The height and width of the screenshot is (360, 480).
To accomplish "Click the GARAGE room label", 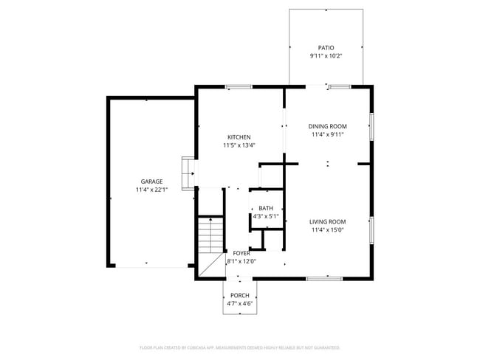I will click(152, 181).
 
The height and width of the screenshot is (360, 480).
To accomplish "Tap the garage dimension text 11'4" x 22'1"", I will click(152, 190).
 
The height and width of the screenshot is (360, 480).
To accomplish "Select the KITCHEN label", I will click(239, 137).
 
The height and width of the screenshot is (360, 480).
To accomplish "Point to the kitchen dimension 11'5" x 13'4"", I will click(239, 145).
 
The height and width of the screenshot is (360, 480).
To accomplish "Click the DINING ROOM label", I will click(327, 126).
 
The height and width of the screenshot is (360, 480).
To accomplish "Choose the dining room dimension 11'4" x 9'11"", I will click(327, 135).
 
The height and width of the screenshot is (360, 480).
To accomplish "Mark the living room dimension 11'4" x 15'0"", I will click(328, 230).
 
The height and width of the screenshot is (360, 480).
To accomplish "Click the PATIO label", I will click(326, 46).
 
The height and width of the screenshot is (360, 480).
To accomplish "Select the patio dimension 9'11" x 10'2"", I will click(326, 55).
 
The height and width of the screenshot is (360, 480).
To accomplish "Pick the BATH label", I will click(266, 208).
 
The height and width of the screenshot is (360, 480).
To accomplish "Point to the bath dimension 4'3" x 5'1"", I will click(266, 217).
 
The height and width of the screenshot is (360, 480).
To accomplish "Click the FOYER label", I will click(241, 253).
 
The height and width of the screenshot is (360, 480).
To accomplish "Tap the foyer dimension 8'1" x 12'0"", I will click(241, 261).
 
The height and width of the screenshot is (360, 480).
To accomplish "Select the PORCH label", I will click(239, 295).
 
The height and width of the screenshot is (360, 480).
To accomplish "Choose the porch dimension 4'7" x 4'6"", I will click(239, 303).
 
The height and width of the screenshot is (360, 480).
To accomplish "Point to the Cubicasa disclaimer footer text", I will click(239, 347).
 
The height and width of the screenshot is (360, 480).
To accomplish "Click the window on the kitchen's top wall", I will click(239, 87).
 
